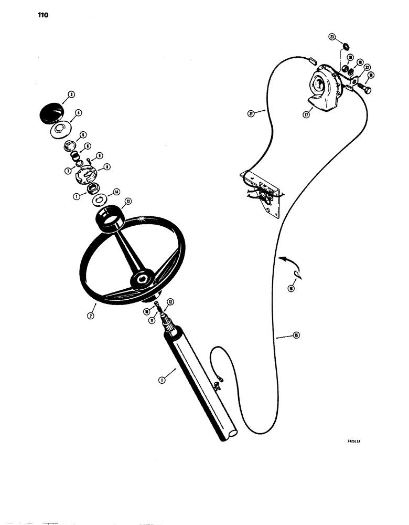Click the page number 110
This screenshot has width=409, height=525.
[x=28, y=15]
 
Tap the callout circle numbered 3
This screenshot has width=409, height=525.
[x=71, y=95]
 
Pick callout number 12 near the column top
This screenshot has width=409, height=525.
[x=170, y=301]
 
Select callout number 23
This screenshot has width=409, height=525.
[x=331, y=37]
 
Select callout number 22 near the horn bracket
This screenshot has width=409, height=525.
[x=368, y=67]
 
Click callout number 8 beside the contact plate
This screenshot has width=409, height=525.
[x=107, y=166]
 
